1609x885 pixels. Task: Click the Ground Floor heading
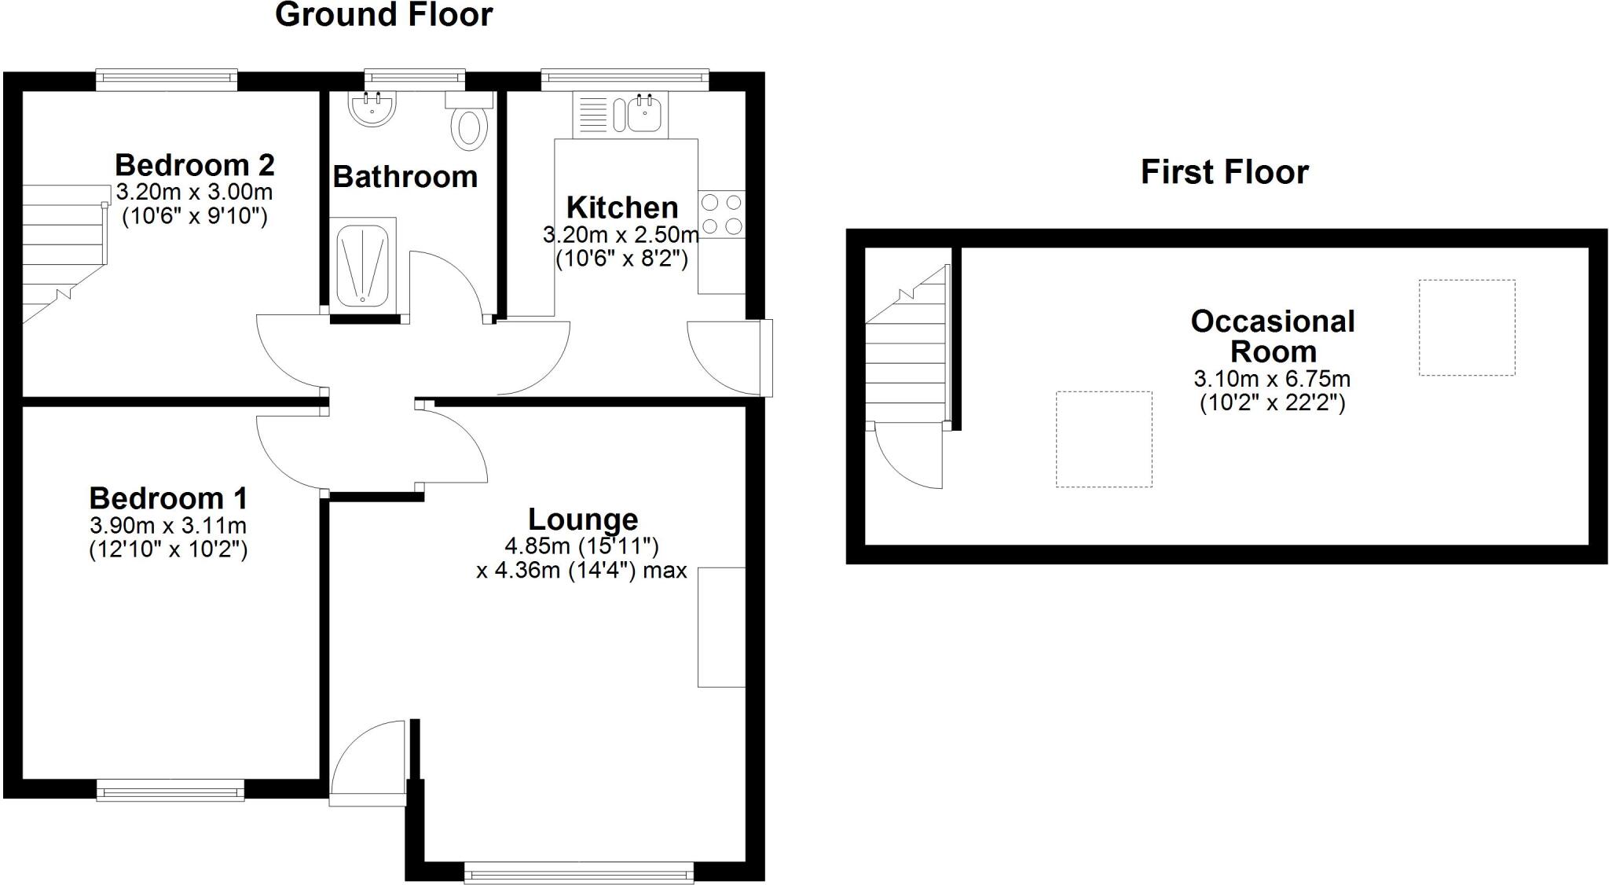[x=383, y=15]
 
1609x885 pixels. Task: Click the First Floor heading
[x=1224, y=172]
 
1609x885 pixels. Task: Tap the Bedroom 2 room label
[x=195, y=165]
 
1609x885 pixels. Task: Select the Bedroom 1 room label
[x=168, y=498]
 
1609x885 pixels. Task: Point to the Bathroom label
[x=405, y=177]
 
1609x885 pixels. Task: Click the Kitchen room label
[x=622, y=207]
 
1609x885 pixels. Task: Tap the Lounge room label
[x=583, y=520]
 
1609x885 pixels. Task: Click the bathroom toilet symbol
[x=470, y=126]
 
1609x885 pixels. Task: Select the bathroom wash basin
[x=373, y=108]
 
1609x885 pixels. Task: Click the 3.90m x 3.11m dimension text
[x=168, y=525]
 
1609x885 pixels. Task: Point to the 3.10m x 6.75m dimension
[x=1272, y=379]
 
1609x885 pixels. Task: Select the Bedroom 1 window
[x=170, y=790]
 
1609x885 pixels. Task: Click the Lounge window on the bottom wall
[x=579, y=872]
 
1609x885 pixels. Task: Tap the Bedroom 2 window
[x=167, y=79]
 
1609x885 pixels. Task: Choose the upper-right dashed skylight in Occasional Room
[x=1466, y=327]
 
